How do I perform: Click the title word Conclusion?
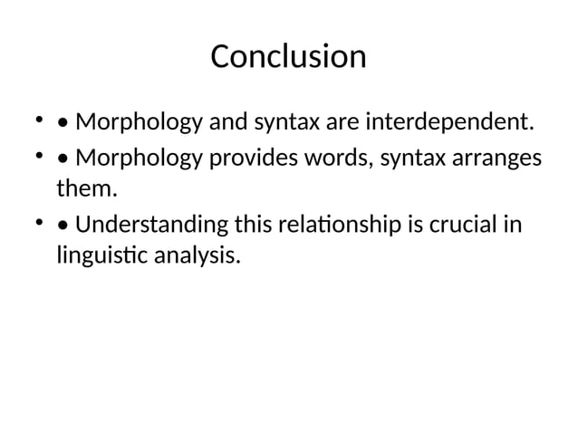pos(288,57)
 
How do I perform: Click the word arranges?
pos(494,159)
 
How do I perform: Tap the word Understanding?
pos(151,225)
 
